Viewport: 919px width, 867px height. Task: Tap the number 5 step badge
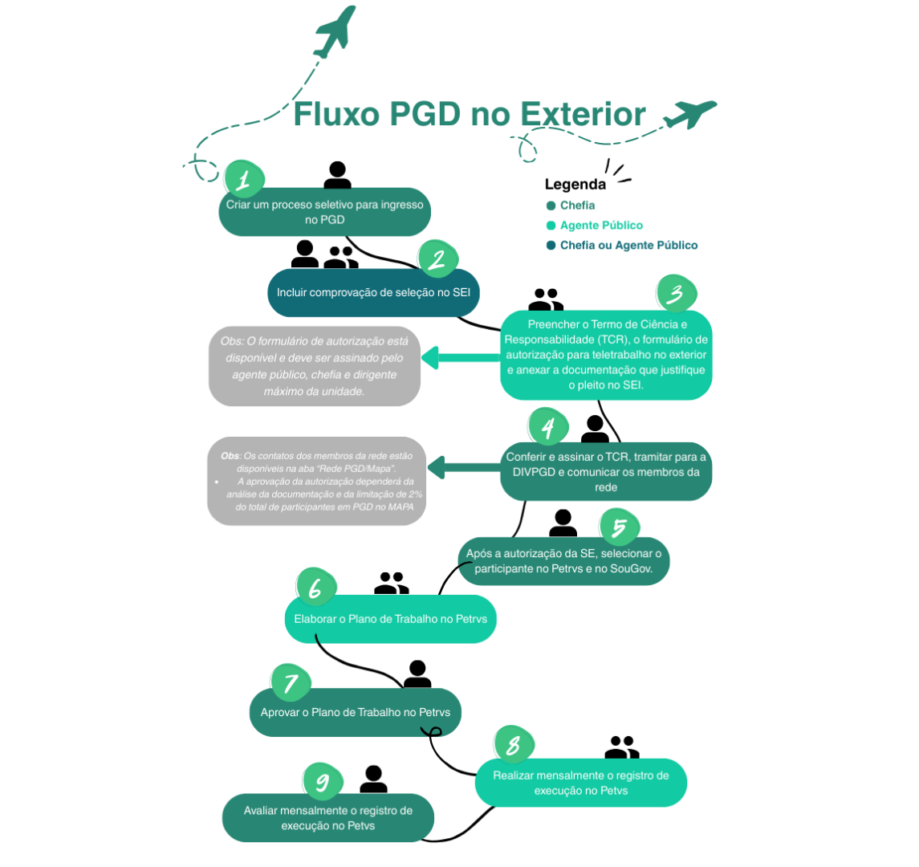point(619,528)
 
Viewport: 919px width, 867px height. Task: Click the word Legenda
point(575,185)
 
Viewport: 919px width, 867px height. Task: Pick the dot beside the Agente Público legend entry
point(551,226)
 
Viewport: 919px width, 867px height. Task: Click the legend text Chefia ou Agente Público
point(628,246)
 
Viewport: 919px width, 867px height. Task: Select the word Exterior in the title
point(584,114)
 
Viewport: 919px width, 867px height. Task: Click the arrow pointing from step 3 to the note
point(458,358)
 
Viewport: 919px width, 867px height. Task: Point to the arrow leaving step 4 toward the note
point(464,466)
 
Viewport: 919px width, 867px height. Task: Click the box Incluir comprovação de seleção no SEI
point(373,293)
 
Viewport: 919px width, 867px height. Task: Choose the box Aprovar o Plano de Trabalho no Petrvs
point(356,712)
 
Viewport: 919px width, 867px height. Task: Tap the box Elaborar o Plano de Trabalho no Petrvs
point(390,619)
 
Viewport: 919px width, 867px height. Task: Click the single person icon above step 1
point(338,176)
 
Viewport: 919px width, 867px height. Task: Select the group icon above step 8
point(622,747)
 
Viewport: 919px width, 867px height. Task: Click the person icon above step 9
point(373,779)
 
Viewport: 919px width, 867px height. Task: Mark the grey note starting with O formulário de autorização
point(315,365)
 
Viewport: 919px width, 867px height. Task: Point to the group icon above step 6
point(392,584)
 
